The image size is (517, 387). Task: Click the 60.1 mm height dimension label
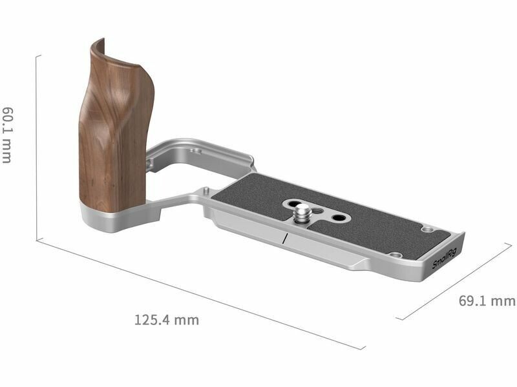coord(7,134)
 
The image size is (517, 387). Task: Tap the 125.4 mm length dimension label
coord(167,320)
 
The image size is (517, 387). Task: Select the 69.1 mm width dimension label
coord(487,301)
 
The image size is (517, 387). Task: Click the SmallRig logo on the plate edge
coord(445,259)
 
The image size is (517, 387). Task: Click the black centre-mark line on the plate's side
coord(284,238)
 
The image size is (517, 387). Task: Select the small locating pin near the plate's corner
coord(206,190)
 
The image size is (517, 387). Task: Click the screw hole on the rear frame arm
coord(196,151)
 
